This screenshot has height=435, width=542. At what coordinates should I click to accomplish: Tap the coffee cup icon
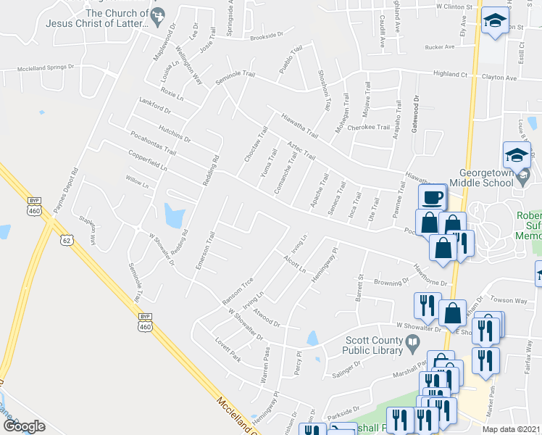pyautogui.click(x=433, y=197)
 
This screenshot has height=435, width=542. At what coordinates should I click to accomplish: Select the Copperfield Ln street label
pyautogui.click(x=148, y=160)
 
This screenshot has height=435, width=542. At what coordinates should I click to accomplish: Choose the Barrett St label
pyautogui.click(x=359, y=287)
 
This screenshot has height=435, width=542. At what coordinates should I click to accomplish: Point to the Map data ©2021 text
pyautogui.click(x=512, y=429)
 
